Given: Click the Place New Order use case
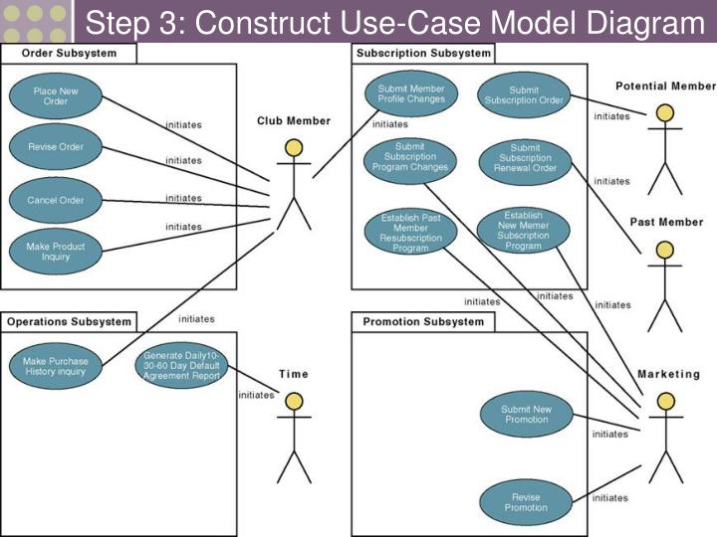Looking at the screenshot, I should coord(56,96).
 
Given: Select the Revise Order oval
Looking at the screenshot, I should coord(56,147).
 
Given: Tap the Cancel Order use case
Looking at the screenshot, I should coord(56,200).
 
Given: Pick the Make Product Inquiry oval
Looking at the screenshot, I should coord(56,252).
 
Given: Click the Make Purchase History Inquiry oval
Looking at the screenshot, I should coord(56,367).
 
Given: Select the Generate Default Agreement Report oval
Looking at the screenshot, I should coord(180,366).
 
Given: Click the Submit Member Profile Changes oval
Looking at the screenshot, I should coord(411,94).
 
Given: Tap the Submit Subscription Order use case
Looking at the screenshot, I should coord(524,95).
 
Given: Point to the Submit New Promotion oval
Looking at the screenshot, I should coord(525,414).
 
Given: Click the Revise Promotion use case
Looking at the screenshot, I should coord(525,502).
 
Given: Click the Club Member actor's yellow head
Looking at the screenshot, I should coord(293,149).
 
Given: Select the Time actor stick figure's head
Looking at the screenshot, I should coord(293,402).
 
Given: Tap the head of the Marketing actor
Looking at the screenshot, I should coord(666,402).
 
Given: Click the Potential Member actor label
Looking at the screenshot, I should coord(665,87).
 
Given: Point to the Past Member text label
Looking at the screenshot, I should coord(666,222).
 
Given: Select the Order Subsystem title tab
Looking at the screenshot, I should coord(67,54).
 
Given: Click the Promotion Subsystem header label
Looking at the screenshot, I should coord(423,322).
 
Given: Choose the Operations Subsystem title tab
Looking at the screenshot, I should coord(69,322).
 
